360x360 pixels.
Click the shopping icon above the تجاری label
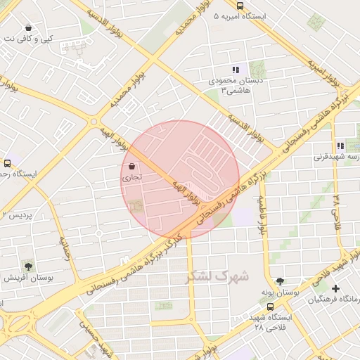pyautogui.click(x=133, y=167)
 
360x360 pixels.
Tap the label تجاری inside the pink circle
pyautogui.click(x=133, y=178)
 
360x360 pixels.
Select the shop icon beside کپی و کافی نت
pyautogui.click(x=28, y=27)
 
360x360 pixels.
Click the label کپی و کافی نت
pyautogui.click(x=27, y=39)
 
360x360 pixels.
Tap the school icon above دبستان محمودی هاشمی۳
pyautogui.click(x=236, y=70)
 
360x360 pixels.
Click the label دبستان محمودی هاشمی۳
pyautogui.click(x=236, y=85)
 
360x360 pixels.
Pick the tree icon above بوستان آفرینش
pyautogui.click(x=28, y=266)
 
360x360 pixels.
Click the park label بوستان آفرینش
pyautogui.click(x=27, y=278)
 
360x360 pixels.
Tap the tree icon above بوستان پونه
pyautogui.click(x=281, y=279)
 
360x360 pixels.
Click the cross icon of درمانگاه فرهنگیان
pyautogui.click(x=336, y=288)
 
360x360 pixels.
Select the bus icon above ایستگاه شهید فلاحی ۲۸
pyautogui.click(x=271, y=307)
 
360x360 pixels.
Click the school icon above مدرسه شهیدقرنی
pyautogui.click(x=340, y=146)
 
